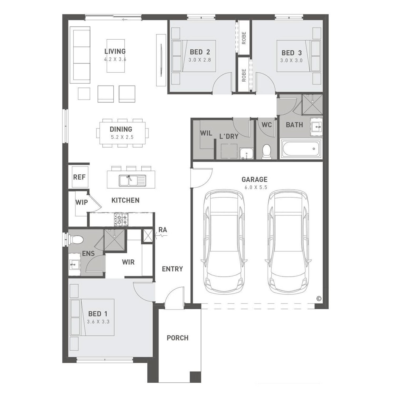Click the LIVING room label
(x=115, y=51)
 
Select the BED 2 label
(x=200, y=52)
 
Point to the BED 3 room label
(x=292, y=53)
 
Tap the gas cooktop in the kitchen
(x=121, y=220)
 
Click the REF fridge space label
(x=79, y=177)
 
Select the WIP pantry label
(x=82, y=202)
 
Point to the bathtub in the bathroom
(x=301, y=149)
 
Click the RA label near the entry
(x=163, y=230)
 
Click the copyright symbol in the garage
(x=319, y=299)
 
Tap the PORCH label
(x=177, y=338)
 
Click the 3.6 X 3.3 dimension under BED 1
(x=98, y=322)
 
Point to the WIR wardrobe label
(x=128, y=262)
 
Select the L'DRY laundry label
(x=229, y=136)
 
